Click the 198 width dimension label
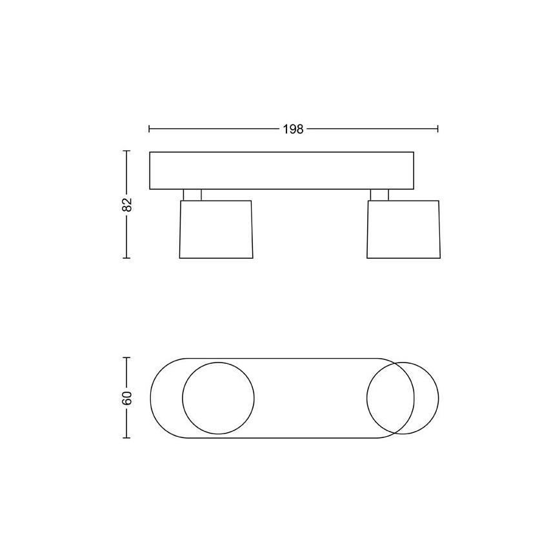pos(293,129)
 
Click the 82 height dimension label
pos(127,205)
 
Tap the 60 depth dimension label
pos(127,397)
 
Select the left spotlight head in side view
pos(216,229)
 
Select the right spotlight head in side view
pos(403,229)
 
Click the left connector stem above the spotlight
pos(192,195)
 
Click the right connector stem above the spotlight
pos(379,195)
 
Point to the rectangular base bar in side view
pos(281,170)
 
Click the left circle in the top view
pos(218,397)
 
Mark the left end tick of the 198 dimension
pos(149,129)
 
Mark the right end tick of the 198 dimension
pos(438,129)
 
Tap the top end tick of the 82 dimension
pos(127,151)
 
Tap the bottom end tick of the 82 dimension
pos(127,258)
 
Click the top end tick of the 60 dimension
pos(127,357)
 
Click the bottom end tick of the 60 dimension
pos(127,437)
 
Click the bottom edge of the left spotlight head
pos(216,258)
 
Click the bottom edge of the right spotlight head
pos(403,258)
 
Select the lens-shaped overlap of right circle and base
pos(390,397)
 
